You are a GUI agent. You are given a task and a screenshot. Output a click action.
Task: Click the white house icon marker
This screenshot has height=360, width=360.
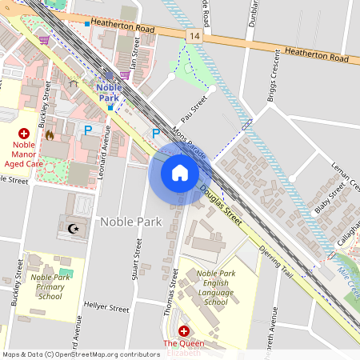click(x=180, y=173)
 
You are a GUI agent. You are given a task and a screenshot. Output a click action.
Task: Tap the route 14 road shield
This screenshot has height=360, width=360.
click(x=194, y=37)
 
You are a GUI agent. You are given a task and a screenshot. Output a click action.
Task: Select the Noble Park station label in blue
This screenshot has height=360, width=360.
click(x=109, y=92)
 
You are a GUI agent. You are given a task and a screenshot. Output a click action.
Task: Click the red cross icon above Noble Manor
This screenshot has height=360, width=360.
click(x=23, y=133)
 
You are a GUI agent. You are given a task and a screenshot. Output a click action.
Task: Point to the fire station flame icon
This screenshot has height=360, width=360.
click(x=50, y=135)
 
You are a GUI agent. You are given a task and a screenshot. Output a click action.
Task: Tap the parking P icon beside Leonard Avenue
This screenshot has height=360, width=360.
click(x=89, y=129)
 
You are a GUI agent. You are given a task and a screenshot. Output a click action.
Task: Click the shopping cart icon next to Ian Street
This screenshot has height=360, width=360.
click(x=125, y=74)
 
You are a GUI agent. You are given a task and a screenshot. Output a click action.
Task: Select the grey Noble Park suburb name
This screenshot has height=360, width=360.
click(x=130, y=221)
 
